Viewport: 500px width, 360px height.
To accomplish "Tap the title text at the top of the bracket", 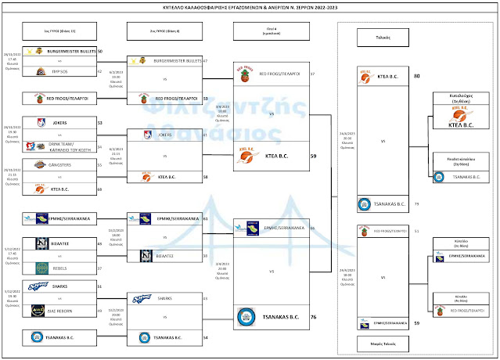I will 250,7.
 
